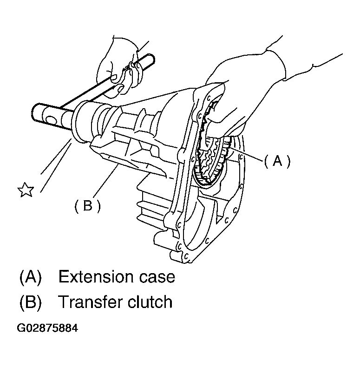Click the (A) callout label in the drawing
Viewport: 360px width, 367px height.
277,161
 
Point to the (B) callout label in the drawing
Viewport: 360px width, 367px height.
87,205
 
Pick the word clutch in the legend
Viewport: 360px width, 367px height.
150,302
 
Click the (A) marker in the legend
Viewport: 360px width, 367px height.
31,277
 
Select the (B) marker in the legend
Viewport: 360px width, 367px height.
31,302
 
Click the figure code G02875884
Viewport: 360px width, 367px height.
48,328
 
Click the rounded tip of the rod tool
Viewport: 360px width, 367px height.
151,59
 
